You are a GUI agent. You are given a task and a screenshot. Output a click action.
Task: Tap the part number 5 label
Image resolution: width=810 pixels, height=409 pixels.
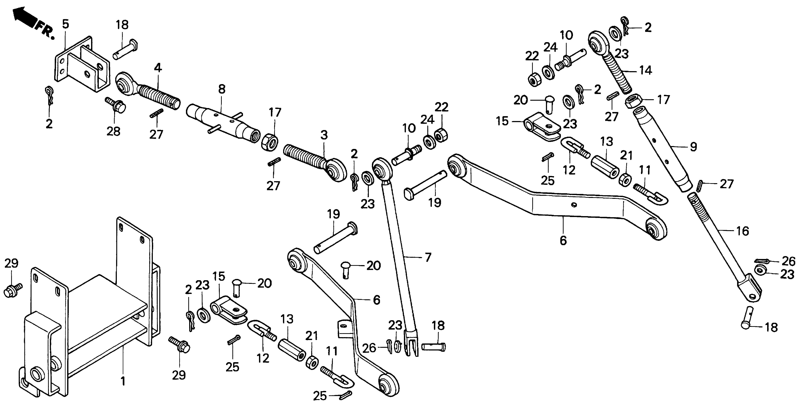click(65, 24)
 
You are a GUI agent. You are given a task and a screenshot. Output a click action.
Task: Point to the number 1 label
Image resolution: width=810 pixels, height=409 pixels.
click(123, 381)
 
